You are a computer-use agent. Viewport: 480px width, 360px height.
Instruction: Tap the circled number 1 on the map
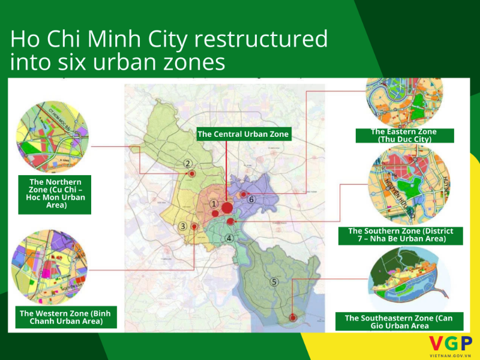214,204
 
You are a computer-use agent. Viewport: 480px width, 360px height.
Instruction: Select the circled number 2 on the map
188,163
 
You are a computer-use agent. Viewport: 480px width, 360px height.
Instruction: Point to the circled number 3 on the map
182,226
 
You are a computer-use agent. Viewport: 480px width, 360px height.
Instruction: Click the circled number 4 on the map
229,238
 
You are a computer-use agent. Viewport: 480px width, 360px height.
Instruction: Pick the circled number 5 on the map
274,282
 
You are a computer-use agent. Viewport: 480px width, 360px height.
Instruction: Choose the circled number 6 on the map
252,199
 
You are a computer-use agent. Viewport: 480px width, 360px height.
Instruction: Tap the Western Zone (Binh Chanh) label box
65,317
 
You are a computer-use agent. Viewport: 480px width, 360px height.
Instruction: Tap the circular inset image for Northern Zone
53,137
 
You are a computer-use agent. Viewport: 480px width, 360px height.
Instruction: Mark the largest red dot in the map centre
227,208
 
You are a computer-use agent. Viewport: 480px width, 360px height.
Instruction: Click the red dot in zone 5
293,318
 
